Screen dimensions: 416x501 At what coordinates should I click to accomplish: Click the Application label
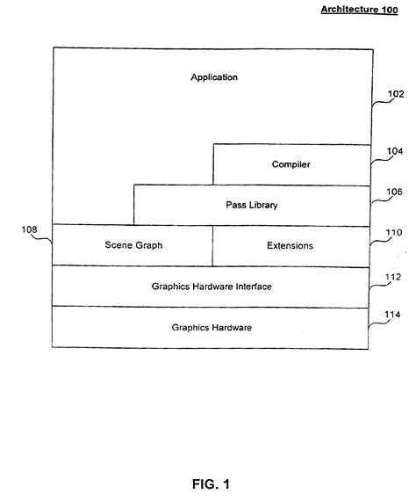(214, 77)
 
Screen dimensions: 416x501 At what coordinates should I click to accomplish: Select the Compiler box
(290, 164)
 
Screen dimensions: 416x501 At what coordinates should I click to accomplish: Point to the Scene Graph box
(132, 245)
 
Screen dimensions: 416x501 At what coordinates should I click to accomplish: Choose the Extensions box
(290, 245)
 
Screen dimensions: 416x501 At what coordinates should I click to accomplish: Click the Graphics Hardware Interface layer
(211, 286)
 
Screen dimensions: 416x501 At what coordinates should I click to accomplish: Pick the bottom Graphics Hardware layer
(211, 327)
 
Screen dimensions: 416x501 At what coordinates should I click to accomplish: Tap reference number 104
(393, 151)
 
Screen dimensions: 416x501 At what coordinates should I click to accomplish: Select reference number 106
(393, 192)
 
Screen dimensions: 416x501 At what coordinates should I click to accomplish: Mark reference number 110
(393, 233)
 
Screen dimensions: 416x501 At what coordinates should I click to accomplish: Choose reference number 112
(393, 277)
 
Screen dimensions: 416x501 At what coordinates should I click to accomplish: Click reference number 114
(393, 318)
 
